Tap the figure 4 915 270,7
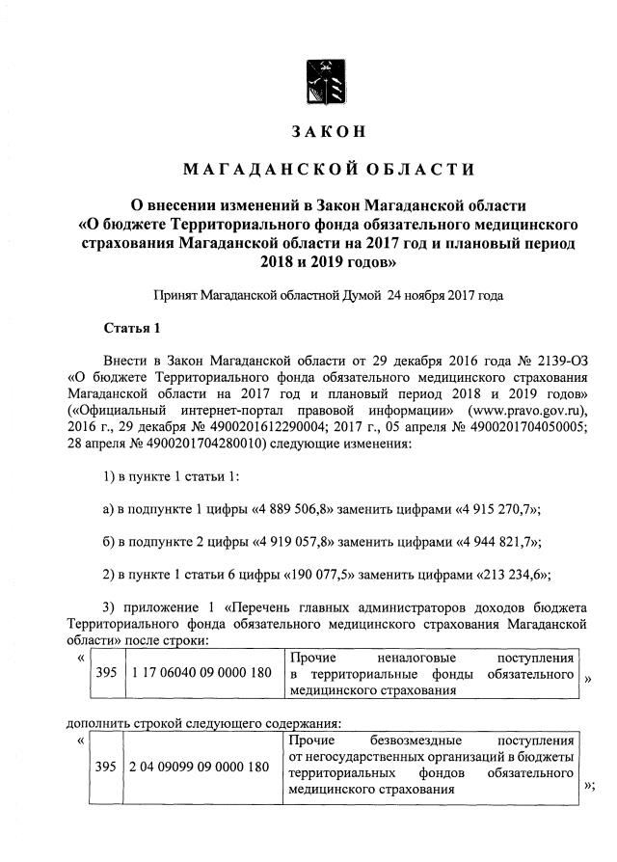click(489, 508)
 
